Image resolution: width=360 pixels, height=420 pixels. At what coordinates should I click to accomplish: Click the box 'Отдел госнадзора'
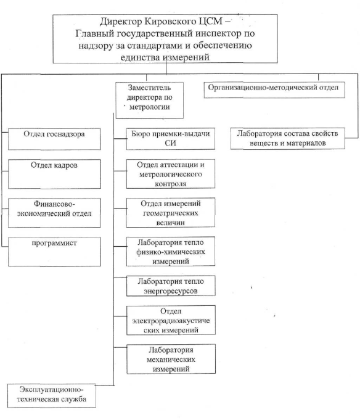click(x=54, y=139)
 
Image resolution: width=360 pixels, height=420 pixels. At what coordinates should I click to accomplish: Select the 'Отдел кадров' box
click(x=54, y=174)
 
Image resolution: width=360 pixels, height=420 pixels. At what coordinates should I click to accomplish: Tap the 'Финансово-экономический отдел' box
click(x=54, y=213)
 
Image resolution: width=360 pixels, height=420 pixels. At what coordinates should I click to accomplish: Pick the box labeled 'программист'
click(x=54, y=252)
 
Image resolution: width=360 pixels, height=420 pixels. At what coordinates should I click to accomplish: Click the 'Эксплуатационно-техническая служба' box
click(x=52, y=395)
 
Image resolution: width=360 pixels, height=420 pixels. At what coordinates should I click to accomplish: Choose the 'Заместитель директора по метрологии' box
click(x=149, y=100)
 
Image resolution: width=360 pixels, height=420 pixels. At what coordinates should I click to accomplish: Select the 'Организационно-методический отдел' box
click(x=274, y=90)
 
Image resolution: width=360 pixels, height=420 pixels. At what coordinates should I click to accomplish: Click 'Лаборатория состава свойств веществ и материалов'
click(x=287, y=139)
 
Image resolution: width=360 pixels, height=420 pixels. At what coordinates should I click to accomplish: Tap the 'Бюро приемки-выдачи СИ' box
click(x=171, y=139)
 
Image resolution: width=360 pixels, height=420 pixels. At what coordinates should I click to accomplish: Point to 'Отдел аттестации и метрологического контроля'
click(x=171, y=174)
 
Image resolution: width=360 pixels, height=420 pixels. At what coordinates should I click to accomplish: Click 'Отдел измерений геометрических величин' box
click(x=171, y=213)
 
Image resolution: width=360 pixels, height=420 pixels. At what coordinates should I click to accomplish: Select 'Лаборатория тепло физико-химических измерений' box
click(x=171, y=251)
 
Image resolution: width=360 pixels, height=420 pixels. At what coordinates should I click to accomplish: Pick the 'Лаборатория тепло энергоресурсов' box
click(x=171, y=286)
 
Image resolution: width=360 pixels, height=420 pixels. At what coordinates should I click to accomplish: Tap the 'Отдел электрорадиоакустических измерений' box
click(x=171, y=320)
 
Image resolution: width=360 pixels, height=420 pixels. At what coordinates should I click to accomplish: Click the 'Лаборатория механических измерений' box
click(x=171, y=359)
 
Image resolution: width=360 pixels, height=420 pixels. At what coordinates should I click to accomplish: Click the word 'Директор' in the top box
click(x=121, y=22)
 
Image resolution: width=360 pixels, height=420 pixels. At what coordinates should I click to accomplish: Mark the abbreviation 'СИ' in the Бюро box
click(x=171, y=143)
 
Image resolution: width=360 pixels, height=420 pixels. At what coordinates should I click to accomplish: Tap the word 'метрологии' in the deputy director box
click(x=149, y=107)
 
